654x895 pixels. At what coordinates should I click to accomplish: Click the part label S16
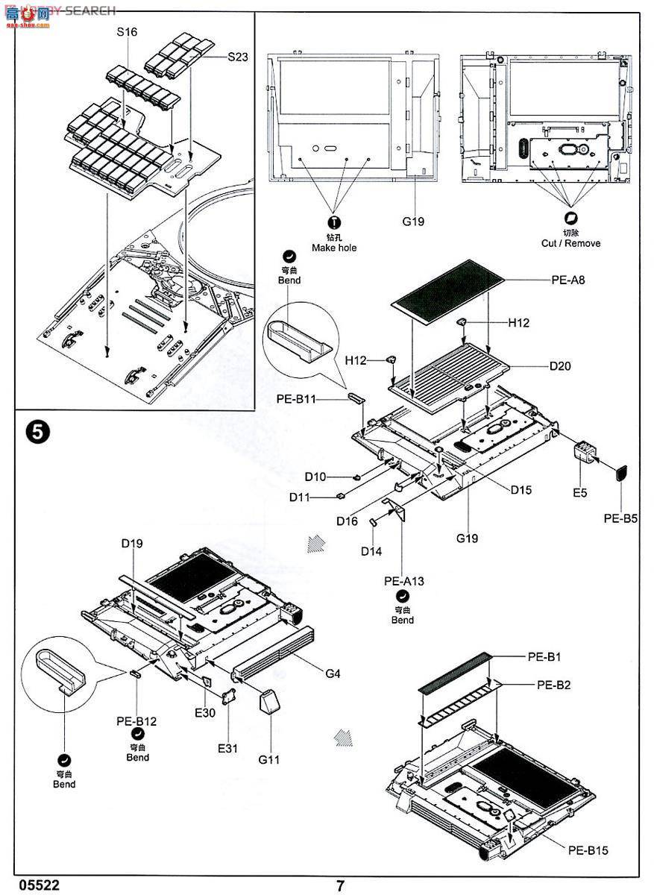click(x=128, y=32)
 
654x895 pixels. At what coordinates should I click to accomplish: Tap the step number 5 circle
click(x=37, y=433)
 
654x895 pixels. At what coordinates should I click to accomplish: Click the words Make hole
click(x=334, y=248)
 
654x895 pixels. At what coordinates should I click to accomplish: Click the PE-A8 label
click(x=567, y=280)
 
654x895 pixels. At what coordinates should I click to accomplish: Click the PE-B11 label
click(x=296, y=400)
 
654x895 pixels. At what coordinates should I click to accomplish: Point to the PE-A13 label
click(x=402, y=581)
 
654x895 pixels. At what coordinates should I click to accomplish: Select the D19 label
click(x=132, y=544)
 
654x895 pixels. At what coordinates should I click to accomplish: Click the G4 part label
click(x=333, y=673)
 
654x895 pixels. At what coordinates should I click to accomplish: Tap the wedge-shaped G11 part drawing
click(x=269, y=702)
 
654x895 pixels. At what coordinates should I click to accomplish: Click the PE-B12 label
click(x=136, y=721)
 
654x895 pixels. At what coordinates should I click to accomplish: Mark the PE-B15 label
click(x=588, y=850)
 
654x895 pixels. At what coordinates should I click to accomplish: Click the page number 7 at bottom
click(x=340, y=886)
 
